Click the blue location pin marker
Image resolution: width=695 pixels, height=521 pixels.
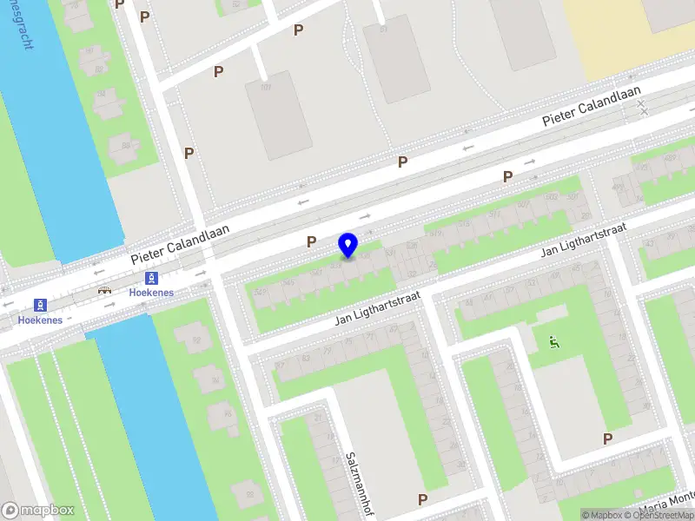click(348, 245)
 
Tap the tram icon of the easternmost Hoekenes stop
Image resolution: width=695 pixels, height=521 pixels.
click(152, 278)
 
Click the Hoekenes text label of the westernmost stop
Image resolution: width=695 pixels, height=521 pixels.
click(40, 320)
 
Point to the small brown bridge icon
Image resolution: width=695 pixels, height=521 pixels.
click(105, 291)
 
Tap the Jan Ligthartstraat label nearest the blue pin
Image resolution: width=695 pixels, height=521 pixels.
click(378, 309)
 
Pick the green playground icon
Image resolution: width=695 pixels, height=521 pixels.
click(555, 342)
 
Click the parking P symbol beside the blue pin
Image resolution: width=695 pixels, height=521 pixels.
click(310, 241)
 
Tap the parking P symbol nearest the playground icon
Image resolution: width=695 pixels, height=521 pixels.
click(607, 439)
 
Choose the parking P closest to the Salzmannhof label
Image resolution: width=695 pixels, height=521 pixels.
click(422, 499)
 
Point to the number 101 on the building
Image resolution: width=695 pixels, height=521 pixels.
click(265, 87)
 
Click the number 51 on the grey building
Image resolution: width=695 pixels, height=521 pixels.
click(383, 29)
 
